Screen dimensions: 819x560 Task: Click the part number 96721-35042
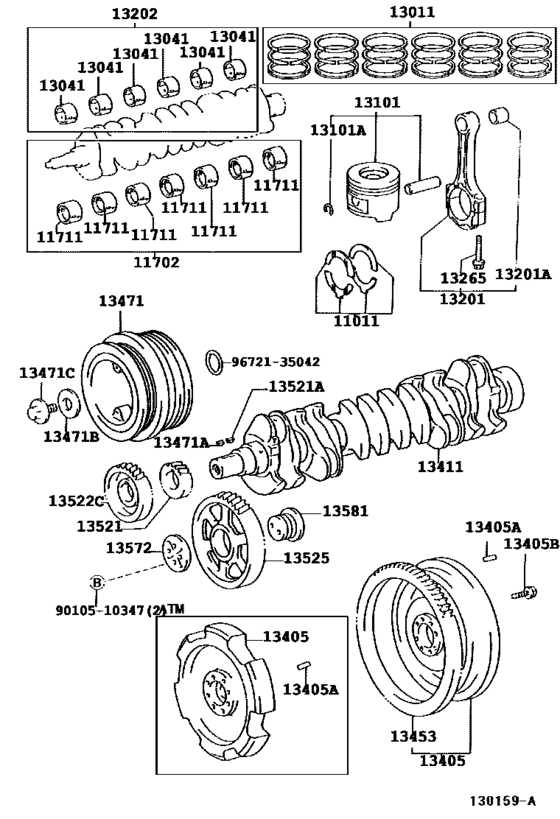[x=278, y=362]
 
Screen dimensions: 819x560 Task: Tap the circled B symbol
[x=97, y=582]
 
